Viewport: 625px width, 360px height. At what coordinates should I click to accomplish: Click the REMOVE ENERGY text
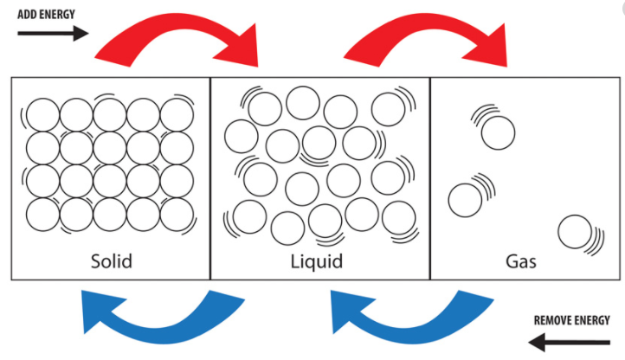pyautogui.click(x=577, y=321)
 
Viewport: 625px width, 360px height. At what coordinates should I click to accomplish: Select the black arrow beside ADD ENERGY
pyautogui.click(x=53, y=34)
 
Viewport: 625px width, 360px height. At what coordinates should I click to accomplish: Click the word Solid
pyautogui.click(x=111, y=260)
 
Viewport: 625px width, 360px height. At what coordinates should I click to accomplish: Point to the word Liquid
pyautogui.click(x=317, y=260)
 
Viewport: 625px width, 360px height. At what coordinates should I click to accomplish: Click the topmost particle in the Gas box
pyautogui.click(x=498, y=133)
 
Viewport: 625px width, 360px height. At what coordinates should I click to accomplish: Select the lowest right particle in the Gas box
pyautogui.click(x=574, y=232)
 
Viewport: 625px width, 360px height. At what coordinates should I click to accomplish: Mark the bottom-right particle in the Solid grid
pyautogui.click(x=177, y=213)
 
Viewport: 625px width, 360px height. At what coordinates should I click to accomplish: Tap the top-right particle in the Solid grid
pyautogui.click(x=177, y=113)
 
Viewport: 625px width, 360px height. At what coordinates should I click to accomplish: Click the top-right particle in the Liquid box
pyautogui.click(x=388, y=109)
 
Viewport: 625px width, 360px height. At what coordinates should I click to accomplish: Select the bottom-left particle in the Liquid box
pyautogui.click(x=250, y=216)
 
